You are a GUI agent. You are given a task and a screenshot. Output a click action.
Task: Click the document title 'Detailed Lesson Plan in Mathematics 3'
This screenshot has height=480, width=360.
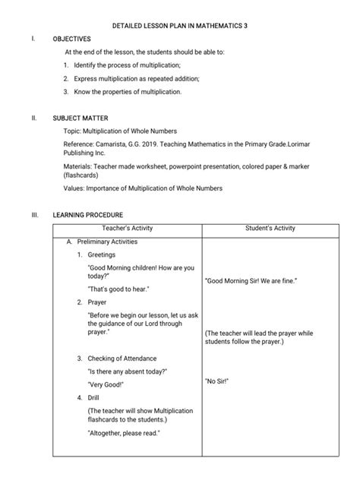point(179,26)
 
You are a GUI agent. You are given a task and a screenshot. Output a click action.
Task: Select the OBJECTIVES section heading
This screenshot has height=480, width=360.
point(71,39)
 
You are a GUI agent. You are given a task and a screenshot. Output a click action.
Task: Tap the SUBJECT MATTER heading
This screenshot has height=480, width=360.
point(80,119)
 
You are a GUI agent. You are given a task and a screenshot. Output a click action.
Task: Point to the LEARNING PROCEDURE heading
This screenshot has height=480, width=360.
point(88,215)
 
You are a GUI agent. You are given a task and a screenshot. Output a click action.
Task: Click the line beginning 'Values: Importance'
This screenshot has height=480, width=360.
point(144,188)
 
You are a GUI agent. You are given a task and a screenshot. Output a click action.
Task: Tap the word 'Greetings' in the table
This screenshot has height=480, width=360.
point(102,254)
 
